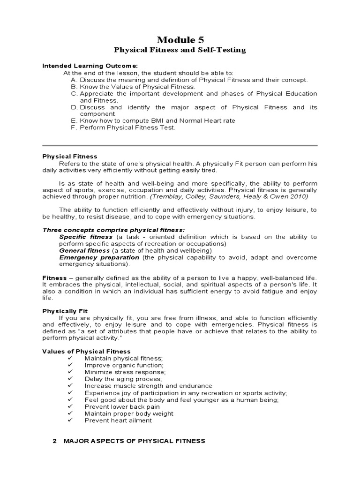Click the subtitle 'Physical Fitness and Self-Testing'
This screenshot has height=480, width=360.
pos(180,50)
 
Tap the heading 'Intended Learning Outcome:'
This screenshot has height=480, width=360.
pos(90,66)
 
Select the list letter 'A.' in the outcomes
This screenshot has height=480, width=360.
pos(74,80)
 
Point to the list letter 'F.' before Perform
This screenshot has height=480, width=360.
pos(74,127)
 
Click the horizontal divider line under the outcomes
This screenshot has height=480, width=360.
pos(180,145)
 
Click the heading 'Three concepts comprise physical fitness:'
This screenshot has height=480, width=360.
pos(114,230)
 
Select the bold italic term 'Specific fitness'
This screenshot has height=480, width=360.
pos(86,237)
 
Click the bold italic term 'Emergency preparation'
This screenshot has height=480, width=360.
pos(99,257)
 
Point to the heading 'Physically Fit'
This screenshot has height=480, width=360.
pos(65,311)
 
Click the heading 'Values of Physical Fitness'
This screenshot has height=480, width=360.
pos(87,351)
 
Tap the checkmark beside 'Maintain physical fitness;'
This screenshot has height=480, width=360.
pos(70,358)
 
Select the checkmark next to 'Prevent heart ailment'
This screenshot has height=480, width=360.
pos(70,420)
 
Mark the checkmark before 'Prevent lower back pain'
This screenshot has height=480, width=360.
pos(70,406)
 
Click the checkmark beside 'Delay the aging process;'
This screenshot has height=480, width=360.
pos(70,379)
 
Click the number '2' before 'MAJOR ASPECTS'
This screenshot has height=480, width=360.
pos(55,441)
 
